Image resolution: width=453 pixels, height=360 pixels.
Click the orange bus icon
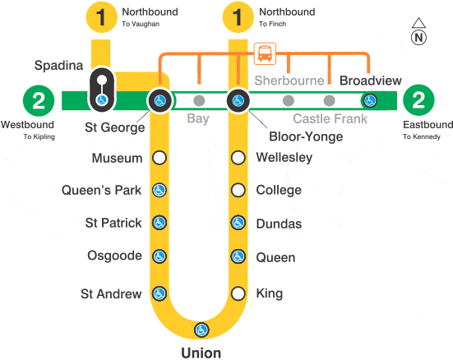point(265,53)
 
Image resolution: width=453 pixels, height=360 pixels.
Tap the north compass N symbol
point(418,38)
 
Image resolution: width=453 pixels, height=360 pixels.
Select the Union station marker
point(201,330)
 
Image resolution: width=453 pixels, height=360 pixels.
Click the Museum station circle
point(159,158)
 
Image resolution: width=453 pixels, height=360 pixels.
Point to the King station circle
point(238,293)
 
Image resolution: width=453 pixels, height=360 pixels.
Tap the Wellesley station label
point(284,158)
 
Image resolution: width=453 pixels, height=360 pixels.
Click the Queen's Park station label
point(101,190)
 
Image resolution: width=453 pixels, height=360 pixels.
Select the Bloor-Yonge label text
point(306,136)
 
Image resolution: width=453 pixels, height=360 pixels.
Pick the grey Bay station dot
point(199,100)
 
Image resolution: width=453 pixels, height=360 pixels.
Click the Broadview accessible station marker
point(370,101)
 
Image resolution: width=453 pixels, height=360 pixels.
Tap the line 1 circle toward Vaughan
point(101,16)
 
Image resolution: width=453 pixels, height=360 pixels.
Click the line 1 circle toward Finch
point(238,16)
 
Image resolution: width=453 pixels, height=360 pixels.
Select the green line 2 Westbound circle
point(39,100)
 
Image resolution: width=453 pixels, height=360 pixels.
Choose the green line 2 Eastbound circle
point(418,100)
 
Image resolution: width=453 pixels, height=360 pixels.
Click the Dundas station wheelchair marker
point(238,223)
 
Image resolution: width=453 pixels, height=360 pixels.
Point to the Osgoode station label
point(114,256)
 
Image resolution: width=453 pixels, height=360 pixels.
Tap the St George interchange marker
point(159,100)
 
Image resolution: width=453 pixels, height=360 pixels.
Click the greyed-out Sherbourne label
point(289,81)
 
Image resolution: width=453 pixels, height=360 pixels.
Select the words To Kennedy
point(422,136)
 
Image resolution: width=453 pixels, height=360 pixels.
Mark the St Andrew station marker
point(159,293)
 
